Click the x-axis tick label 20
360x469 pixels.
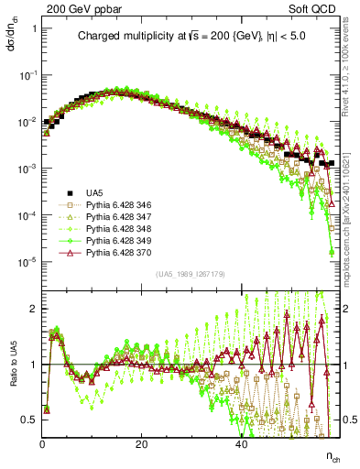click(x=141, y=444)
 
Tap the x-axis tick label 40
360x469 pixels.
click(x=240, y=444)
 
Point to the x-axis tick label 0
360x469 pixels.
click(x=43, y=444)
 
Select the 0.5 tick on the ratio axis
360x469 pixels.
click(x=30, y=420)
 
